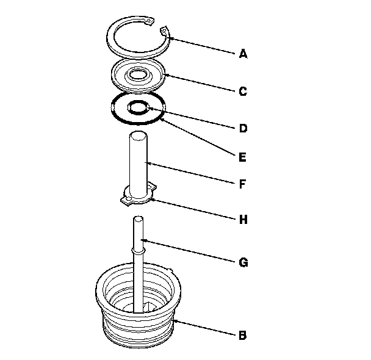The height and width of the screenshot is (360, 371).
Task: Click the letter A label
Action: [243, 54]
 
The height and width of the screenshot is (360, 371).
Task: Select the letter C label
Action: [243, 92]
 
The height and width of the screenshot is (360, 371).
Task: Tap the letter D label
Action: [243, 128]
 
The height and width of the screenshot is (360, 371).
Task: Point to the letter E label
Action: [242, 157]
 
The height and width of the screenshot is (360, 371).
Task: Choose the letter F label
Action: [242, 184]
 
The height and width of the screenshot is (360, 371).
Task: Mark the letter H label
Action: [243, 220]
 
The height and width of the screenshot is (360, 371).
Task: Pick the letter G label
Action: [243, 262]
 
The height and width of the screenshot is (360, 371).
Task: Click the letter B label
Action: [243, 335]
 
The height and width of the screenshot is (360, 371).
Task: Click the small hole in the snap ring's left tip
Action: [149, 21]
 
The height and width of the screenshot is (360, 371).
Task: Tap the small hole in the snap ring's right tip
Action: [164, 31]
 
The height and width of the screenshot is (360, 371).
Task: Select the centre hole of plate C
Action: [139, 74]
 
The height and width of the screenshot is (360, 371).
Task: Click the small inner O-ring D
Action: [138, 107]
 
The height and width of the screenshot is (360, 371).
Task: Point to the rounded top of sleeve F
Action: [138, 135]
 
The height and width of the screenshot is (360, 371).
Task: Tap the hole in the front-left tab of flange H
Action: [128, 199]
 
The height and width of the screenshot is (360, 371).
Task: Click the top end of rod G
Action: [138, 219]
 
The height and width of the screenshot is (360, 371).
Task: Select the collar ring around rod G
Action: [138, 251]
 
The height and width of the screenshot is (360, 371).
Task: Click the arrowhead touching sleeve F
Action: [148, 163]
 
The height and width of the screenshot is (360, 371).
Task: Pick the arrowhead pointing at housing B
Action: [176, 322]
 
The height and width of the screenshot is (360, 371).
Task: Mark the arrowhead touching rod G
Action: [143, 241]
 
